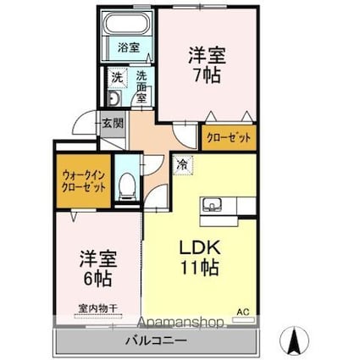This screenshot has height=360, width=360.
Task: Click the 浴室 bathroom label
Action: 127,48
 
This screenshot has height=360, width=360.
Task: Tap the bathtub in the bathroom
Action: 127,29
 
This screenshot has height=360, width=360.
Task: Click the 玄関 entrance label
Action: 114,121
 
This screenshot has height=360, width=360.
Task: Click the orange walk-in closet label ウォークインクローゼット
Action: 83,181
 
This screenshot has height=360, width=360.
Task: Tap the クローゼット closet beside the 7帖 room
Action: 227,135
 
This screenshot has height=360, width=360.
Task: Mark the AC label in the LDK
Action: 243,311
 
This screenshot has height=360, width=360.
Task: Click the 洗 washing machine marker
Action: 116,77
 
